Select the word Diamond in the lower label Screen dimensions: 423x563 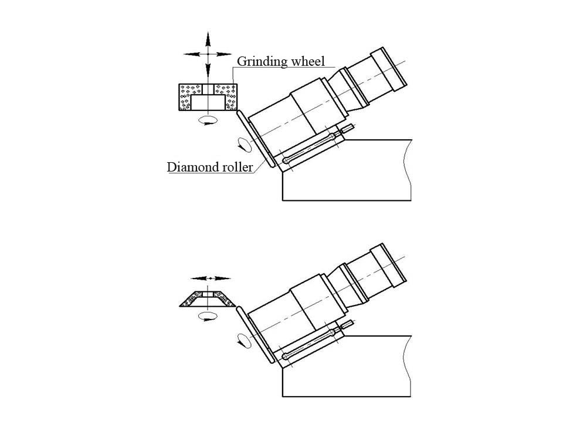pyautogui.click(x=191, y=167)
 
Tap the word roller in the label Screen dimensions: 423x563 pyautogui.click(x=236, y=167)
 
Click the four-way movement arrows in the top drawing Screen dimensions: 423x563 pyautogui.click(x=208, y=53)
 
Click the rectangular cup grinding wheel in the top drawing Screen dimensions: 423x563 pyautogui.click(x=208, y=97)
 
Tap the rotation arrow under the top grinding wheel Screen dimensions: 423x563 pyautogui.click(x=208, y=120)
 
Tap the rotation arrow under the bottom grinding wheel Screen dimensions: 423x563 pyautogui.click(x=208, y=317)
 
